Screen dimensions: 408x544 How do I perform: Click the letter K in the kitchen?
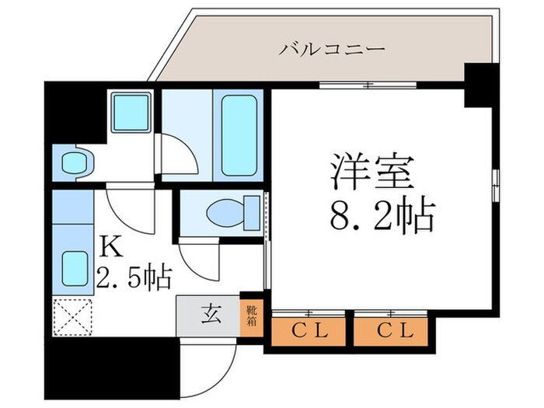point(110,248)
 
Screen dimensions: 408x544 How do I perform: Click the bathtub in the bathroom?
point(239,134)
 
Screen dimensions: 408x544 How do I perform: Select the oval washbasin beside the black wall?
point(76,163)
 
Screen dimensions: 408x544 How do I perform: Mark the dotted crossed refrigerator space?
point(71,317)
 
